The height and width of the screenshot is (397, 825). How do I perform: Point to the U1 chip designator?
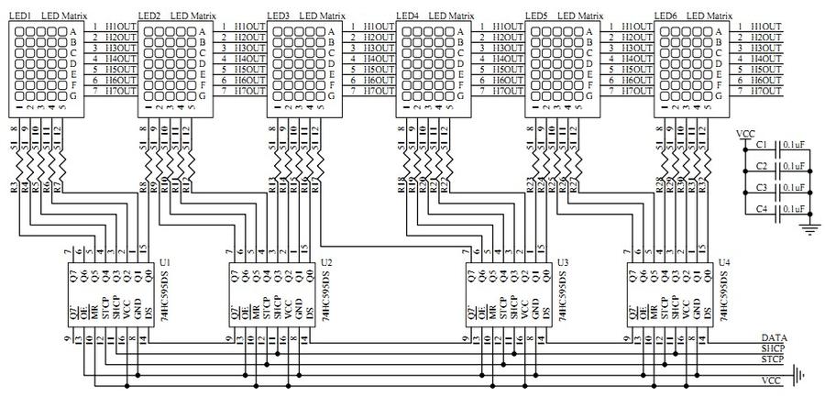165,262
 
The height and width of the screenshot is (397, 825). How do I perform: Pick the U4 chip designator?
725,262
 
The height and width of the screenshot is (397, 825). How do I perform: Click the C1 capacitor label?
762,145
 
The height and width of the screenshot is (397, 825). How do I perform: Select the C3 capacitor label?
762,187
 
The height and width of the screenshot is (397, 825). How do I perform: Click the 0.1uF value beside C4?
794,208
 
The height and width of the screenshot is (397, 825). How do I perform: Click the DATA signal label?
774,338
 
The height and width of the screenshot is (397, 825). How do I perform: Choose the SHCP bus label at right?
774,350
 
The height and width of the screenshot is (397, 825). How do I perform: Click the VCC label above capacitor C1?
746,133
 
